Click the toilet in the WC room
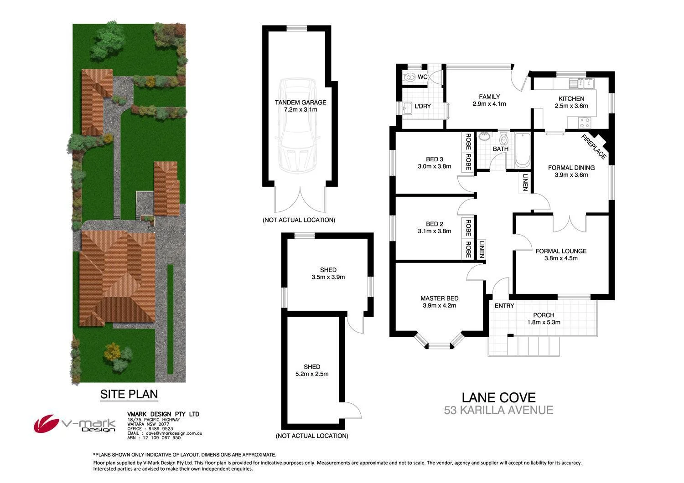410,77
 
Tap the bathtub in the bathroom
522,149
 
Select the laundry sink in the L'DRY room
405,108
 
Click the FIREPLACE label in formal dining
594,147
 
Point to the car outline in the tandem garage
299,125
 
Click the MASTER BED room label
439,298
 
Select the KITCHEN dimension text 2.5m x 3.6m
571,106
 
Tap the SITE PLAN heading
129,394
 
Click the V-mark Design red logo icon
47,424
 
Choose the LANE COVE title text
498,398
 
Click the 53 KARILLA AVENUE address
498,410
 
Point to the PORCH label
544,315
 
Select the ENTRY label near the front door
504,306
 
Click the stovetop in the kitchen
585,122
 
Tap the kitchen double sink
585,83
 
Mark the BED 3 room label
434,159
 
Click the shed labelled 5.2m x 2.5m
312,370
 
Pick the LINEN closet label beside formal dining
525,182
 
